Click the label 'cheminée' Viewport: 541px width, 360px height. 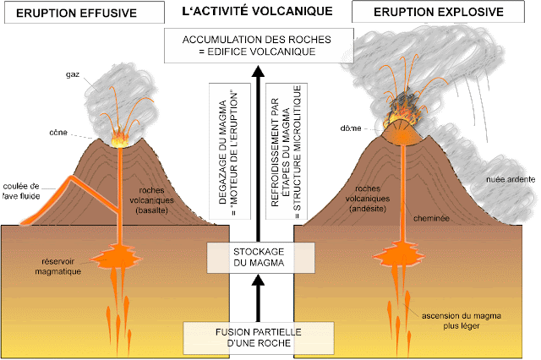431,218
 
